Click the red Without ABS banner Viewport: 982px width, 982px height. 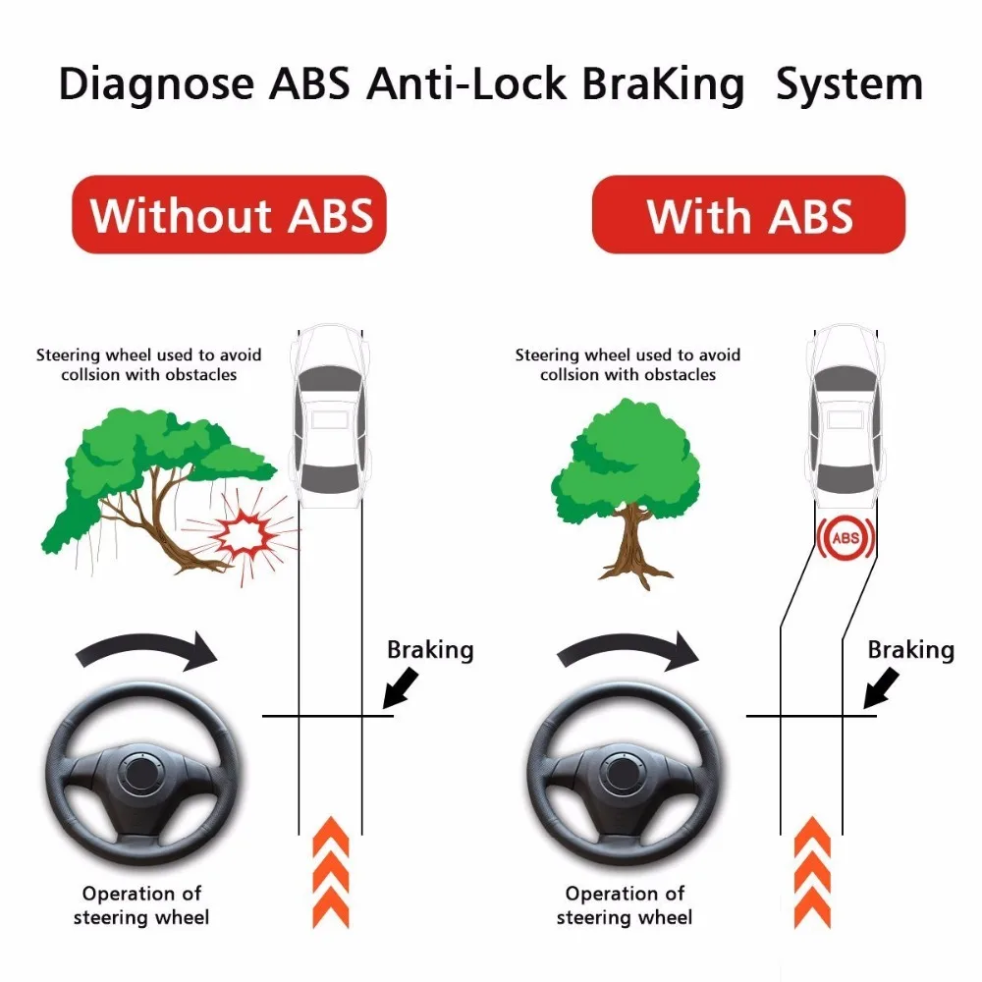click(229, 215)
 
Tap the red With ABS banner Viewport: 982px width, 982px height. click(749, 215)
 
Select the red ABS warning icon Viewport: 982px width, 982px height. click(846, 538)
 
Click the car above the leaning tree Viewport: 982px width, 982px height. click(330, 416)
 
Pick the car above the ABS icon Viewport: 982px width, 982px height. click(846, 416)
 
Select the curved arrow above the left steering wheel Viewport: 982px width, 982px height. click(145, 646)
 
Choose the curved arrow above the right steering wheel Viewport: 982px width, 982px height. click(627, 646)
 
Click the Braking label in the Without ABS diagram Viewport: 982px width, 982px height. click(430, 651)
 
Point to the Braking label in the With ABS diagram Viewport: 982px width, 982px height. click(911, 651)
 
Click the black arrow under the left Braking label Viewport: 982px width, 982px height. click(401, 687)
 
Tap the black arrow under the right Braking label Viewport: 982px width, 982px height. click(881, 687)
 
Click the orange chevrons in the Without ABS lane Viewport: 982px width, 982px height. click(331, 872)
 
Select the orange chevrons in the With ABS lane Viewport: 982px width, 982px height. click(812, 872)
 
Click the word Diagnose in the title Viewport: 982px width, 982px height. click(156, 84)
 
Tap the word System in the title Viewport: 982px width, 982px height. click(849, 84)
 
